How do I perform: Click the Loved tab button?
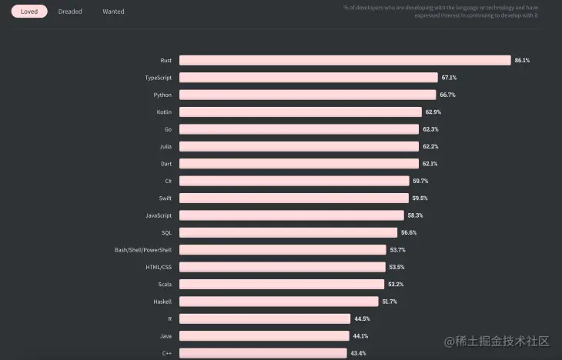(29, 12)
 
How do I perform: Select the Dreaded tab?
(70, 12)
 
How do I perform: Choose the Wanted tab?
(113, 12)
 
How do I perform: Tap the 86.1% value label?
(522, 60)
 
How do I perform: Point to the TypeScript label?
(158, 78)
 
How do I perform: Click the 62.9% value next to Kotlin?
(433, 112)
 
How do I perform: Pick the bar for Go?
(299, 129)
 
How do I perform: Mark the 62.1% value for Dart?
(430, 164)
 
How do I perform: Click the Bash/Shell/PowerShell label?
(143, 250)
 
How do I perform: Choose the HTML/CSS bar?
(282, 267)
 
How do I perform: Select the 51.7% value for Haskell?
(390, 302)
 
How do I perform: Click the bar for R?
(265, 318)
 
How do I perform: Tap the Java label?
(165, 335)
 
